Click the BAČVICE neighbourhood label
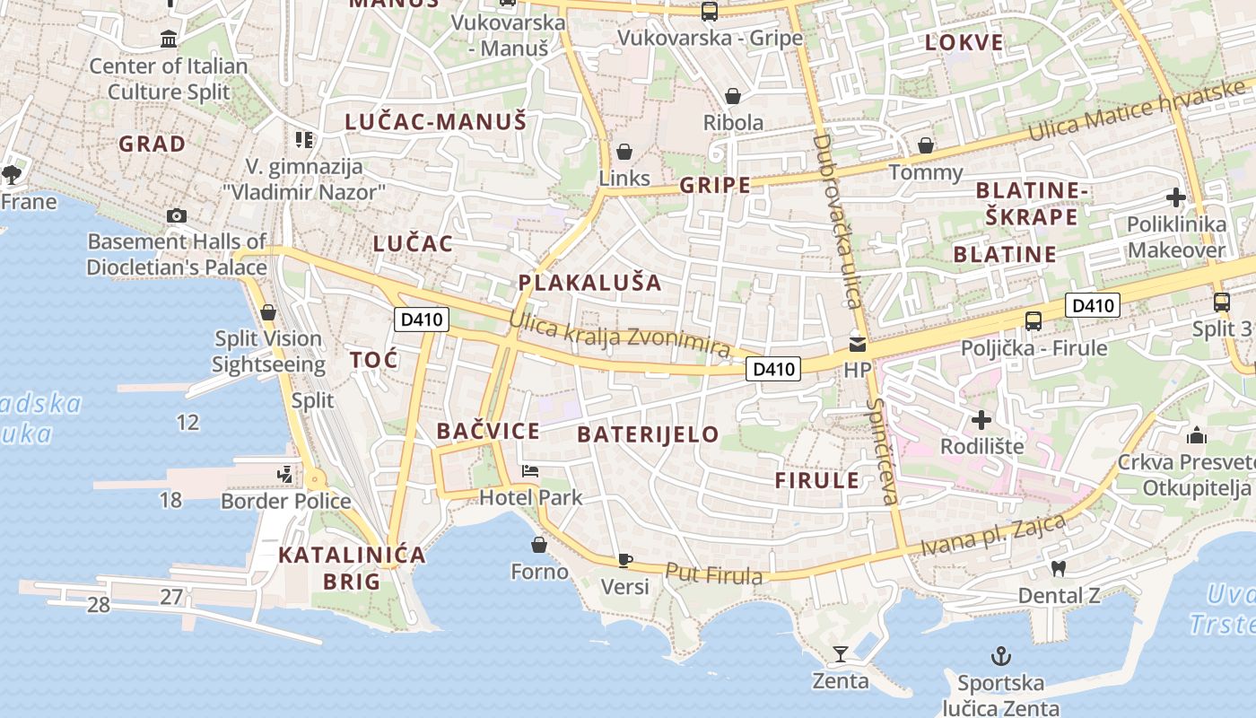point(488,431)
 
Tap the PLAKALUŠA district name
point(589,283)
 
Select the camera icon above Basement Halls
point(177,215)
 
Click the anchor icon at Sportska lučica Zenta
point(1000,656)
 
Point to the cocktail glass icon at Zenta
point(840,653)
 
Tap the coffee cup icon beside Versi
point(625,561)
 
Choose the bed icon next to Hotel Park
point(530,471)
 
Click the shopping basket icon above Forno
point(539,545)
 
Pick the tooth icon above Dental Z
point(1058,568)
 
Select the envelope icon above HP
point(858,344)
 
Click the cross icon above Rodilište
point(981,419)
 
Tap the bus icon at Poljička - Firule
point(1034,320)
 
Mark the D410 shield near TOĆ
point(422,319)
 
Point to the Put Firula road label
point(714,574)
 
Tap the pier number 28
point(99,605)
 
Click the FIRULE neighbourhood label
point(817,480)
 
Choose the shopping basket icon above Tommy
point(926,145)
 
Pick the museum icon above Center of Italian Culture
point(169,39)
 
